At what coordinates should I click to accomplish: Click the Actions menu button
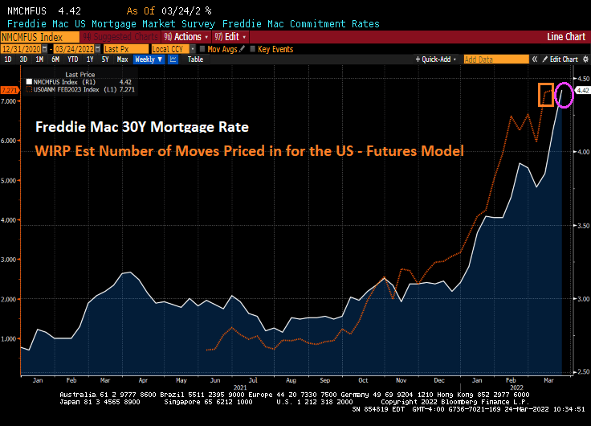[185, 37]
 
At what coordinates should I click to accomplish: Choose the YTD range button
[73, 59]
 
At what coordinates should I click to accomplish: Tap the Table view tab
[196, 59]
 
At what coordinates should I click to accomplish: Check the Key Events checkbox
[272, 49]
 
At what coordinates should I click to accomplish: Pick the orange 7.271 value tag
[10, 90]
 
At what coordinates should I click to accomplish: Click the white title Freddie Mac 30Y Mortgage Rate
[141, 128]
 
